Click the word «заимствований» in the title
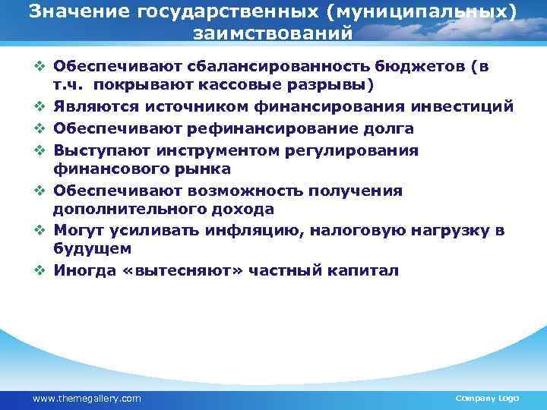pos(273,34)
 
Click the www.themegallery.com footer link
pos(87,398)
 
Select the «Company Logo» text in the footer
pos(486,398)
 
